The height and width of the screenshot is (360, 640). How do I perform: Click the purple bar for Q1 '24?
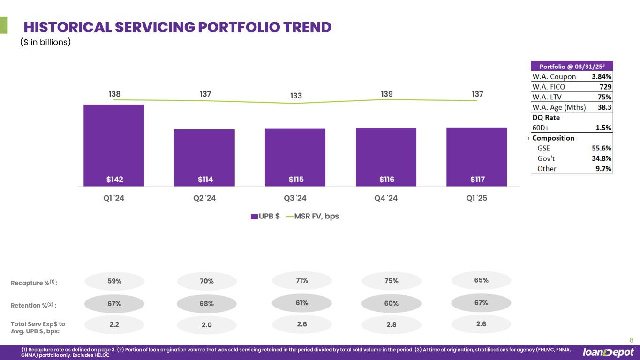114,145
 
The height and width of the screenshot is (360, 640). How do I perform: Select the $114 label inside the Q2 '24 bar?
204,179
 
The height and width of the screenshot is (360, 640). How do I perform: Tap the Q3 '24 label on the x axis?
295,198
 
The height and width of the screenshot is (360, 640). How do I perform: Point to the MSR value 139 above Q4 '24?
386,94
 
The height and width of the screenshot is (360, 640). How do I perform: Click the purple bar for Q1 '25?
476,157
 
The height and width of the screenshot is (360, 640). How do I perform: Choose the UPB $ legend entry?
265,216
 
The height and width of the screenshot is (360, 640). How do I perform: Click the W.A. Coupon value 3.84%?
602,77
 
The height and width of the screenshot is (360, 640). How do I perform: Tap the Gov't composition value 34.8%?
602,158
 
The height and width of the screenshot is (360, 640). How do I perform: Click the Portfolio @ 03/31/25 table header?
572,67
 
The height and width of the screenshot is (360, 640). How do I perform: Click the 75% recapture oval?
392,281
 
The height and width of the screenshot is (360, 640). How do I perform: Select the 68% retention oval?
207,304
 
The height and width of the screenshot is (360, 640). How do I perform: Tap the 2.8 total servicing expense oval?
392,325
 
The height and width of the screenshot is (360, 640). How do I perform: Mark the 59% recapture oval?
114,281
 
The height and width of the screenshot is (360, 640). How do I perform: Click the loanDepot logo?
609,352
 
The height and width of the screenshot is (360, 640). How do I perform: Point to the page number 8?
631,340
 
